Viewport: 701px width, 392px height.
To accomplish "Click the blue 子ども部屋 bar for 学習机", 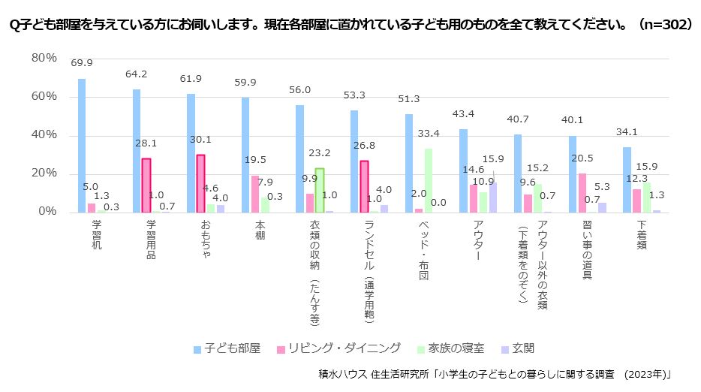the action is point(82,146).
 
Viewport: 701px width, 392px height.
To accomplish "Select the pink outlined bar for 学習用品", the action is point(146,185).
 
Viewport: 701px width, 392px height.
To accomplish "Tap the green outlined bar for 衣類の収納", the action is point(320,191).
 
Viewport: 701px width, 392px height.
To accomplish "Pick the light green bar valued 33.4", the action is point(429,181).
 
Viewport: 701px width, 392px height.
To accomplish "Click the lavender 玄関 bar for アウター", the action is point(492,198).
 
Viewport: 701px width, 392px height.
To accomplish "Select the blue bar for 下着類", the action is point(627,180).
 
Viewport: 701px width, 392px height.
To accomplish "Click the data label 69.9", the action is point(82,63).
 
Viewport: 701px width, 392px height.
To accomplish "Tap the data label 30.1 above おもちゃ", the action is point(200,140).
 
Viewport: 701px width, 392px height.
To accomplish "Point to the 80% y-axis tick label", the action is point(44,58).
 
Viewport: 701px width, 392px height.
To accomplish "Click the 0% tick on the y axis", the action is point(47,211).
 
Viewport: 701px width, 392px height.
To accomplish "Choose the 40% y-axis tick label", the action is point(44,134).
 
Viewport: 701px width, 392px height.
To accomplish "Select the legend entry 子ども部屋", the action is point(227,348).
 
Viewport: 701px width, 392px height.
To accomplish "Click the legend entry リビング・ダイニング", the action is point(339,348).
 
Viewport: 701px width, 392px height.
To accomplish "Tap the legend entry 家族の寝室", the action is point(450,348).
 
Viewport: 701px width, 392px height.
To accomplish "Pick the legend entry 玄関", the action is point(518,348).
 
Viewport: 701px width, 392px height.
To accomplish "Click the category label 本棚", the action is point(260,230).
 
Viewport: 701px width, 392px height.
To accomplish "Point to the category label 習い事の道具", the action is point(588,250).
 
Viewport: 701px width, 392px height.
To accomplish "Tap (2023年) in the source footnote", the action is point(647,374).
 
